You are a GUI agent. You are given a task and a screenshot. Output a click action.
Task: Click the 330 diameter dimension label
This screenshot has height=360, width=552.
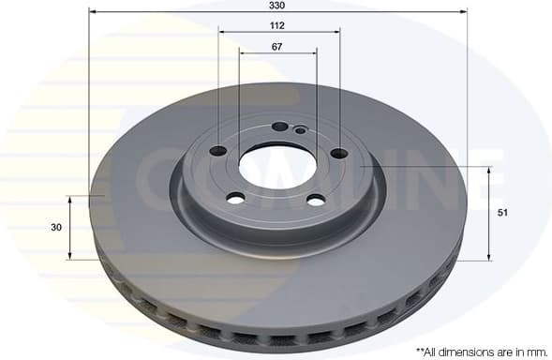coord(278,6)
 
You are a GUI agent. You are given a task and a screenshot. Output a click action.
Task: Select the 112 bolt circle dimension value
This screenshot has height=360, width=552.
coord(278,25)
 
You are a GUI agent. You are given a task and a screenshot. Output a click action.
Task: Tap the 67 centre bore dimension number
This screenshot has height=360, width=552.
coord(277,46)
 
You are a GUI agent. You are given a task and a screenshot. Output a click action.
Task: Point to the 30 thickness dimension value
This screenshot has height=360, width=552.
coord(56,228)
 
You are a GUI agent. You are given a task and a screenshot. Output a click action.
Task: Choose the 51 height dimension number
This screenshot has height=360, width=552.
coord(502,214)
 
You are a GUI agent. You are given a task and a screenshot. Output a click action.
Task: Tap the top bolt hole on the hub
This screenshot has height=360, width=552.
coord(279,127)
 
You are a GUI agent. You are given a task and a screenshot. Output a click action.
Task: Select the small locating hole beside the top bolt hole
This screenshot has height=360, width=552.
coord(300,130)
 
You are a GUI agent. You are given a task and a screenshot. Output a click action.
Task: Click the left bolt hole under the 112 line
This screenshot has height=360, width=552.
coord(218,151)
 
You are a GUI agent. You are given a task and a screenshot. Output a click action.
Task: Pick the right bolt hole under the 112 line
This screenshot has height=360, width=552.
coord(338,154)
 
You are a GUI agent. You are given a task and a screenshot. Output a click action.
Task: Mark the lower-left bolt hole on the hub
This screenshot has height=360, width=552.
coord(235,197)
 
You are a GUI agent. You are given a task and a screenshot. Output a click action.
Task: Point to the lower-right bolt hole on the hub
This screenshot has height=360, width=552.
coord(316,200)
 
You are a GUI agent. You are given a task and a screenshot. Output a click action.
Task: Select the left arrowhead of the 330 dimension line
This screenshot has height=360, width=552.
coord(93,12)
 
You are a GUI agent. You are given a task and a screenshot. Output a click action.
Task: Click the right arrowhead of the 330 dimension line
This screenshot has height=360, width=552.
coord(463,12)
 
